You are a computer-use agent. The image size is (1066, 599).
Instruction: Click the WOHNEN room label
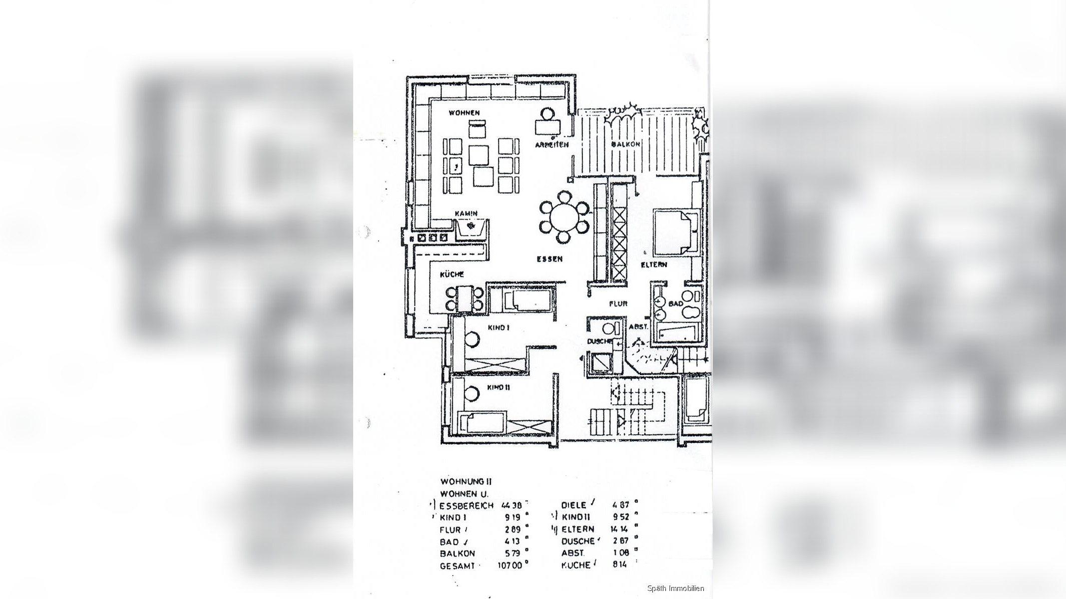click(x=464, y=113)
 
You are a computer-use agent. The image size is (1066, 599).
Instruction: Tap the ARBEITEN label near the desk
click(x=551, y=145)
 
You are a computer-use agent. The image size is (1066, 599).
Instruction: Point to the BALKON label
click(x=625, y=144)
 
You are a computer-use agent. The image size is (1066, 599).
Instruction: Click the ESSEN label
click(x=549, y=259)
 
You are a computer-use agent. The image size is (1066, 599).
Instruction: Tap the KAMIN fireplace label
click(x=466, y=214)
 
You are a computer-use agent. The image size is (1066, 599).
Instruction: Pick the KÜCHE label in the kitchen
click(x=452, y=275)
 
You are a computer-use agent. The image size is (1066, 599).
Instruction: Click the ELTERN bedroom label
click(x=654, y=265)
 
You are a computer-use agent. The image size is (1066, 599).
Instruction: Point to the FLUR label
click(x=618, y=303)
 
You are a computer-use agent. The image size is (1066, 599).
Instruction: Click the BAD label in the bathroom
click(x=675, y=303)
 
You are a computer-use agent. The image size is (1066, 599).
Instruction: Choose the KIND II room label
click(x=498, y=388)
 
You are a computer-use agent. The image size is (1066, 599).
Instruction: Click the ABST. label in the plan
click(x=638, y=327)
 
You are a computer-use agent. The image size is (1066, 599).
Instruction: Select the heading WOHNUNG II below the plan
click(x=466, y=482)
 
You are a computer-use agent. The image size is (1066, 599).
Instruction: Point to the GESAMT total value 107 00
click(x=510, y=566)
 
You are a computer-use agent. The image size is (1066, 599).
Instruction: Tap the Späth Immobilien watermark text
click(x=675, y=589)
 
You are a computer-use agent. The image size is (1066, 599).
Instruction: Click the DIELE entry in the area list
click(x=573, y=505)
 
